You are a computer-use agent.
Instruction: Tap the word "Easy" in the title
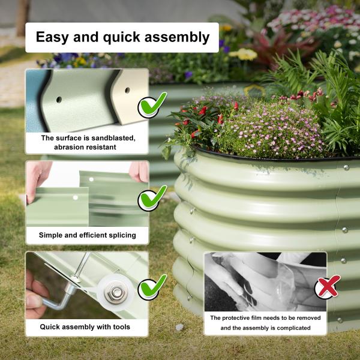(x=53, y=37)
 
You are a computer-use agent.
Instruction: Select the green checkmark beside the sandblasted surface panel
(x=152, y=106)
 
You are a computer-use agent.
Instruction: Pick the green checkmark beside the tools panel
(x=152, y=287)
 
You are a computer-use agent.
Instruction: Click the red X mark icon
(x=328, y=287)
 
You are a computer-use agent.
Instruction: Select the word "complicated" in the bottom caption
(x=290, y=328)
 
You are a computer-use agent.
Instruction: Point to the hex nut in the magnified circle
(x=114, y=293)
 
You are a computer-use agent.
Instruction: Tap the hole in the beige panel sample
(x=127, y=91)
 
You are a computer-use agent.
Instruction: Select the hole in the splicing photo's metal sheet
(x=75, y=197)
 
